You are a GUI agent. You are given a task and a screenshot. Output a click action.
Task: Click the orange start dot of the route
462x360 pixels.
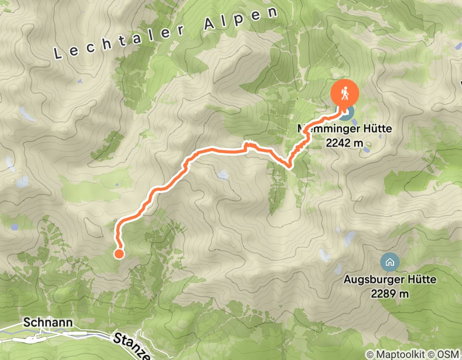[119, 253]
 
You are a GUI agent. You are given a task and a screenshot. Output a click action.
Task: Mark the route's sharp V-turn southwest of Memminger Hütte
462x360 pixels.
[289, 166]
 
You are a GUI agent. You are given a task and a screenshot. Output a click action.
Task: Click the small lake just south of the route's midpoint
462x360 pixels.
[223, 175]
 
